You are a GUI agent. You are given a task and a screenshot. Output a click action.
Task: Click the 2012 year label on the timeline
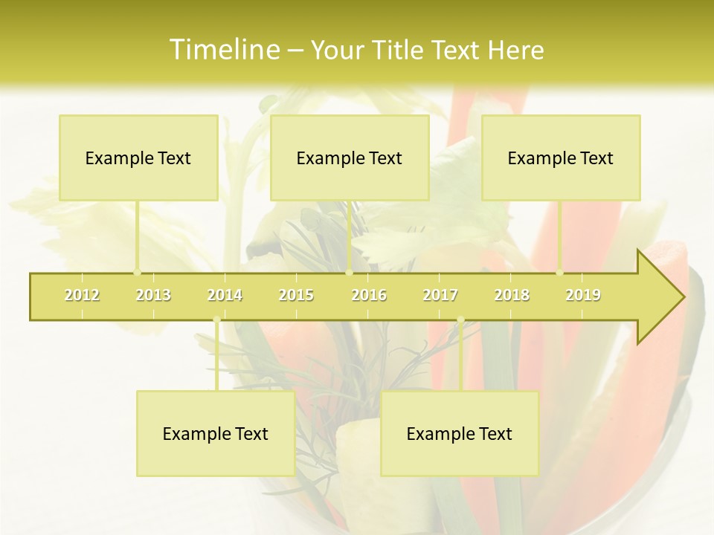coord(82,296)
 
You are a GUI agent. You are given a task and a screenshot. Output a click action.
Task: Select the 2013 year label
coord(153,296)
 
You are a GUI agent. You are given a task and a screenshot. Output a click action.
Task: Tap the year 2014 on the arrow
coord(225,296)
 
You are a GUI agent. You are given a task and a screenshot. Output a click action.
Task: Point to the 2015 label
coord(296,296)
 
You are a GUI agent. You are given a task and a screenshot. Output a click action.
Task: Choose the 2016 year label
coord(369,296)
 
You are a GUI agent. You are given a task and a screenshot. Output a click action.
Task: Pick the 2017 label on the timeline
coord(440,296)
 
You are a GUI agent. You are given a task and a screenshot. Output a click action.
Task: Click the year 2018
coord(512,296)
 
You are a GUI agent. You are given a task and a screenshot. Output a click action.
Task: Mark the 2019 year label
coord(583,296)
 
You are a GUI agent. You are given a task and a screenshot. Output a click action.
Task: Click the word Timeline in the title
coord(224,50)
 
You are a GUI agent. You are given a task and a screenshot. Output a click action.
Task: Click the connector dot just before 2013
coord(137,273)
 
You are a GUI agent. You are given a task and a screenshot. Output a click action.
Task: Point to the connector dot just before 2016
coord(349,273)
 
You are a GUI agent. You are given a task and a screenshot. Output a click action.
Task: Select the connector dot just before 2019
coord(560,273)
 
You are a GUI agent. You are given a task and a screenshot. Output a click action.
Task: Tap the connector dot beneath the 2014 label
coord(216,320)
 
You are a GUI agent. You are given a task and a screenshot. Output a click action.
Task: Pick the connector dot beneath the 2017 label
coord(460,320)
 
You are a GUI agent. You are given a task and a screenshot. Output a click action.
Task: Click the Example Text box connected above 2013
coord(138,158)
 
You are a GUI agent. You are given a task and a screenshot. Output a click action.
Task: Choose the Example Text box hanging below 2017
coord(459,433)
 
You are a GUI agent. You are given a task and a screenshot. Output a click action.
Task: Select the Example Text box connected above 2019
coord(561,158)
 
